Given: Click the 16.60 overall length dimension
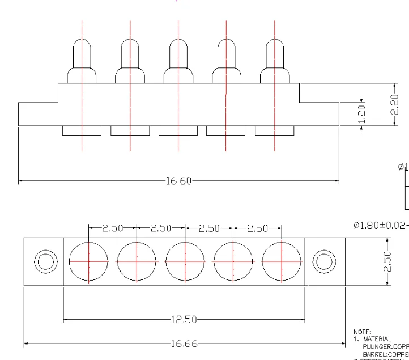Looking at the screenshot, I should click(x=178, y=181).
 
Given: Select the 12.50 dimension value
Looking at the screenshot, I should click(x=184, y=320).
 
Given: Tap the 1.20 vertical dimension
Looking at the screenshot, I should click(x=362, y=113).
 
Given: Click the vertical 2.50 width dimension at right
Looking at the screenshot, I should click(x=388, y=261).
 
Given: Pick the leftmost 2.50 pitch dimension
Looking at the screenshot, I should click(x=113, y=228).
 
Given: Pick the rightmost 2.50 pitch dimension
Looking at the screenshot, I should click(x=258, y=228).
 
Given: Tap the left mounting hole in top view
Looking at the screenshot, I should click(x=45, y=261).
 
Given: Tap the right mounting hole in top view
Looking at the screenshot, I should click(x=323, y=261).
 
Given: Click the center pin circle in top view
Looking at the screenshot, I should click(x=185, y=261).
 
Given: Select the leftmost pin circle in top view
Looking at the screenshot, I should click(x=88, y=261).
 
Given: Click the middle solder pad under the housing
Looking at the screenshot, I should click(x=178, y=131).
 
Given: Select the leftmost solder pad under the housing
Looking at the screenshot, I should click(x=82, y=131).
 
